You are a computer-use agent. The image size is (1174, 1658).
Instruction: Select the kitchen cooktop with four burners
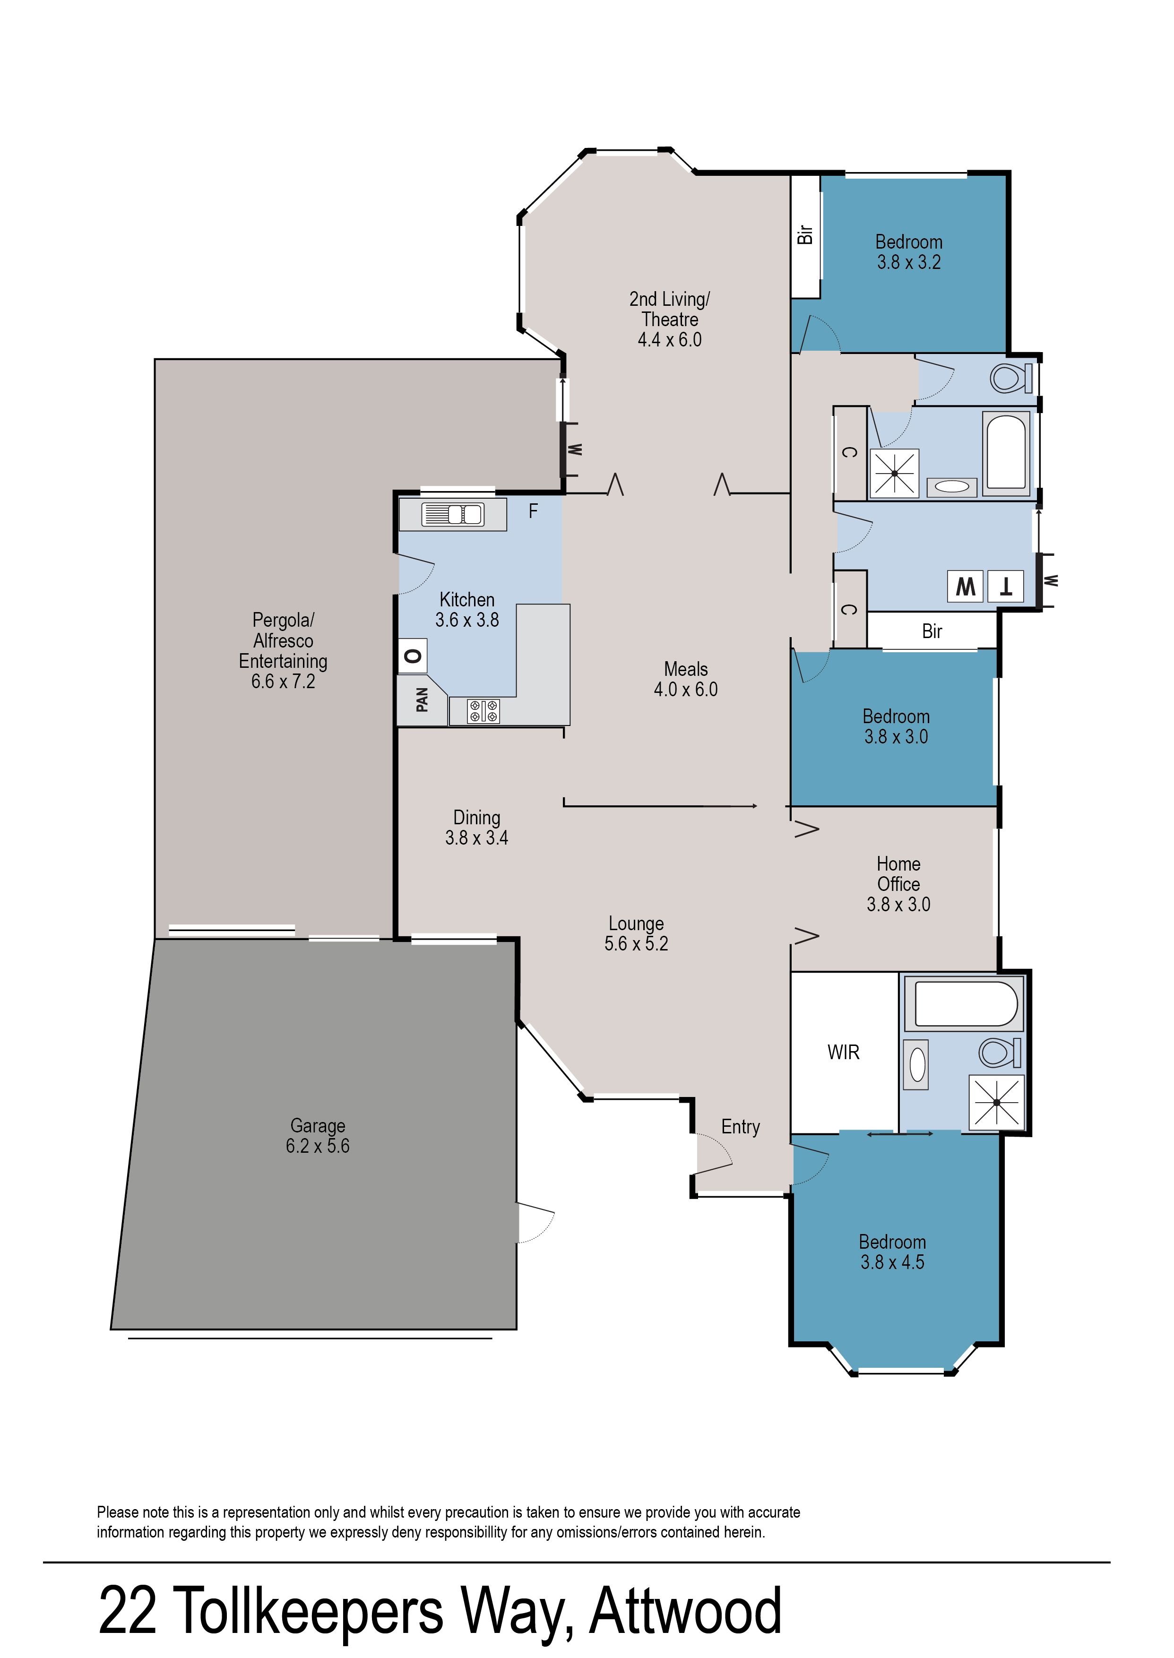(483, 711)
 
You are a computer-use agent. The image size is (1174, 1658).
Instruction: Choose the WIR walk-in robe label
(844, 1053)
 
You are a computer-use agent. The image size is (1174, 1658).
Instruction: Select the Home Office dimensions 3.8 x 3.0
(898, 904)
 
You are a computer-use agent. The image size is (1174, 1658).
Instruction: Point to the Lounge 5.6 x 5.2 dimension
(636, 943)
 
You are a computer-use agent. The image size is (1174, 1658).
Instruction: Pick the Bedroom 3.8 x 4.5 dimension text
(892, 1262)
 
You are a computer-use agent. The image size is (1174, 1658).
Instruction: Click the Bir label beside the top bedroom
(804, 235)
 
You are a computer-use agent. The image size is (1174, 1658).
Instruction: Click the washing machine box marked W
(965, 586)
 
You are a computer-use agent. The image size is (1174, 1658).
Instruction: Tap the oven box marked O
(413, 656)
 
